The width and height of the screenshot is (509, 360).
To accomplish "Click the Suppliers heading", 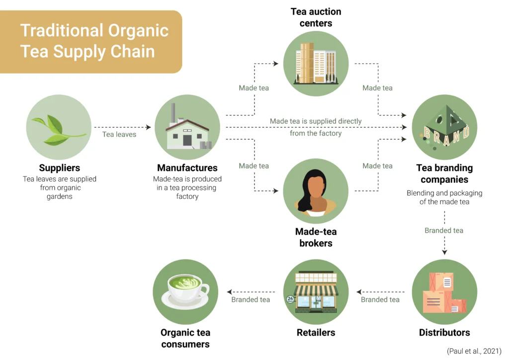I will [60, 168].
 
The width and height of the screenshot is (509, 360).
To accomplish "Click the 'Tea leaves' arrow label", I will [119, 134].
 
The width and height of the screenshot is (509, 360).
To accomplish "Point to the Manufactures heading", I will [187, 168].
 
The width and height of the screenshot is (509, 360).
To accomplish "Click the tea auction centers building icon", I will [316, 63].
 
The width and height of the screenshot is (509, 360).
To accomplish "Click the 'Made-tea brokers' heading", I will [316, 237].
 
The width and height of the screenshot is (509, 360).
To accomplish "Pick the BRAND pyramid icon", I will [444, 127].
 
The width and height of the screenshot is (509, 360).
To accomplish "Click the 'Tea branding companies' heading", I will [444, 174].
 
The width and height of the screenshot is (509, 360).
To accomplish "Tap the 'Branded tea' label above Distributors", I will [444, 231].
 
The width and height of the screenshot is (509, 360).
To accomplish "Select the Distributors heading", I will [444, 332].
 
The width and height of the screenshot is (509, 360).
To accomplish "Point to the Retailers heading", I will [316, 332].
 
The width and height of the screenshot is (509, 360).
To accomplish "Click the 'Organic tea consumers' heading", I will [185, 338].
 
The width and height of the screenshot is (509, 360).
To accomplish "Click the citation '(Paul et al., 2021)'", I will [474, 351].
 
